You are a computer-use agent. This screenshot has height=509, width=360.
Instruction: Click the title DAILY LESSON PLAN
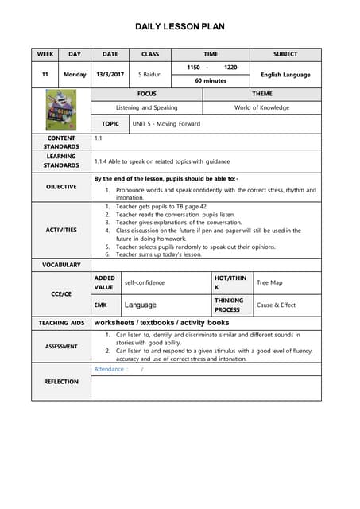pos(180,27)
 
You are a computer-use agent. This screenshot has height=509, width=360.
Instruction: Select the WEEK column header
pos(45,54)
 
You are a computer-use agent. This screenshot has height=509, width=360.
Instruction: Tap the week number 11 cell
pos(45,74)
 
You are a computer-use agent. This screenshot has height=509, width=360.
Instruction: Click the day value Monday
pos(75,74)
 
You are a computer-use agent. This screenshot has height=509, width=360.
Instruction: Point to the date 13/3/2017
pos(110,74)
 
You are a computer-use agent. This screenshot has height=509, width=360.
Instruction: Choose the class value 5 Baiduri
pos(149,74)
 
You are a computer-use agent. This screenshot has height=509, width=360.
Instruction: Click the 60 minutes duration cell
pos(211,81)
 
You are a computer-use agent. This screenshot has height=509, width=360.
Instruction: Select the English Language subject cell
pos(285,75)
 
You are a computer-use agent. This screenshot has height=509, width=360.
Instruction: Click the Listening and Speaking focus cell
pos(147,107)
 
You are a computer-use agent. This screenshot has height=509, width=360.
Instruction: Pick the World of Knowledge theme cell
pos(261,107)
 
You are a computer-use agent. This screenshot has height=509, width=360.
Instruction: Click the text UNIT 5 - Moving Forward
pos(166,124)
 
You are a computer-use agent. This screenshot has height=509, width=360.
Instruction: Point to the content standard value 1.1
pos(99,138)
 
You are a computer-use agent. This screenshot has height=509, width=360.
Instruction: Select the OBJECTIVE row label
pos(61,187)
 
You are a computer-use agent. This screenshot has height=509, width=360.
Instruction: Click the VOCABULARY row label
pos(61,264)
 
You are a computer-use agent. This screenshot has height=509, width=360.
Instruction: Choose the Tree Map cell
pos(269,282)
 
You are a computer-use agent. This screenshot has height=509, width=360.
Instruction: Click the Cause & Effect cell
pos(276,305)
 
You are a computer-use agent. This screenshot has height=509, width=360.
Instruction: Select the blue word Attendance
pos(110,369)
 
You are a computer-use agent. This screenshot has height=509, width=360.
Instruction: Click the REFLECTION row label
pos(61,381)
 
